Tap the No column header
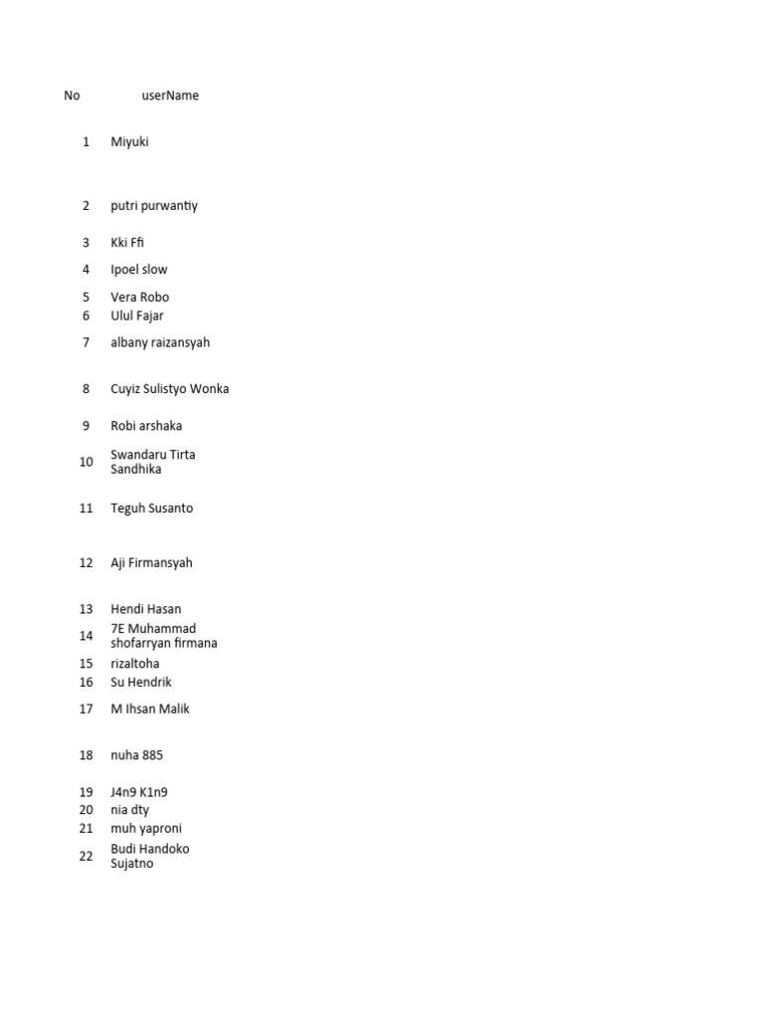(72, 96)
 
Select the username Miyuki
(129, 142)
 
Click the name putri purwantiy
(154, 206)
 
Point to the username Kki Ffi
(127, 243)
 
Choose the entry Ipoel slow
(139, 270)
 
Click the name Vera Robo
(140, 298)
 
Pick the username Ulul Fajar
(137, 316)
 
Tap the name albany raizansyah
(160, 342)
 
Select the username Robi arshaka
(146, 426)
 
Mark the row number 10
(86, 462)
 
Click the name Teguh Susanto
(152, 509)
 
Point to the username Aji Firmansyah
(151, 563)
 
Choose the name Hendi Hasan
(146, 609)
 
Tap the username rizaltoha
(135, 664)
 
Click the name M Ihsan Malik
(150, 710)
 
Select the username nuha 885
(137, 756)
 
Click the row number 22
(86, 856)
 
